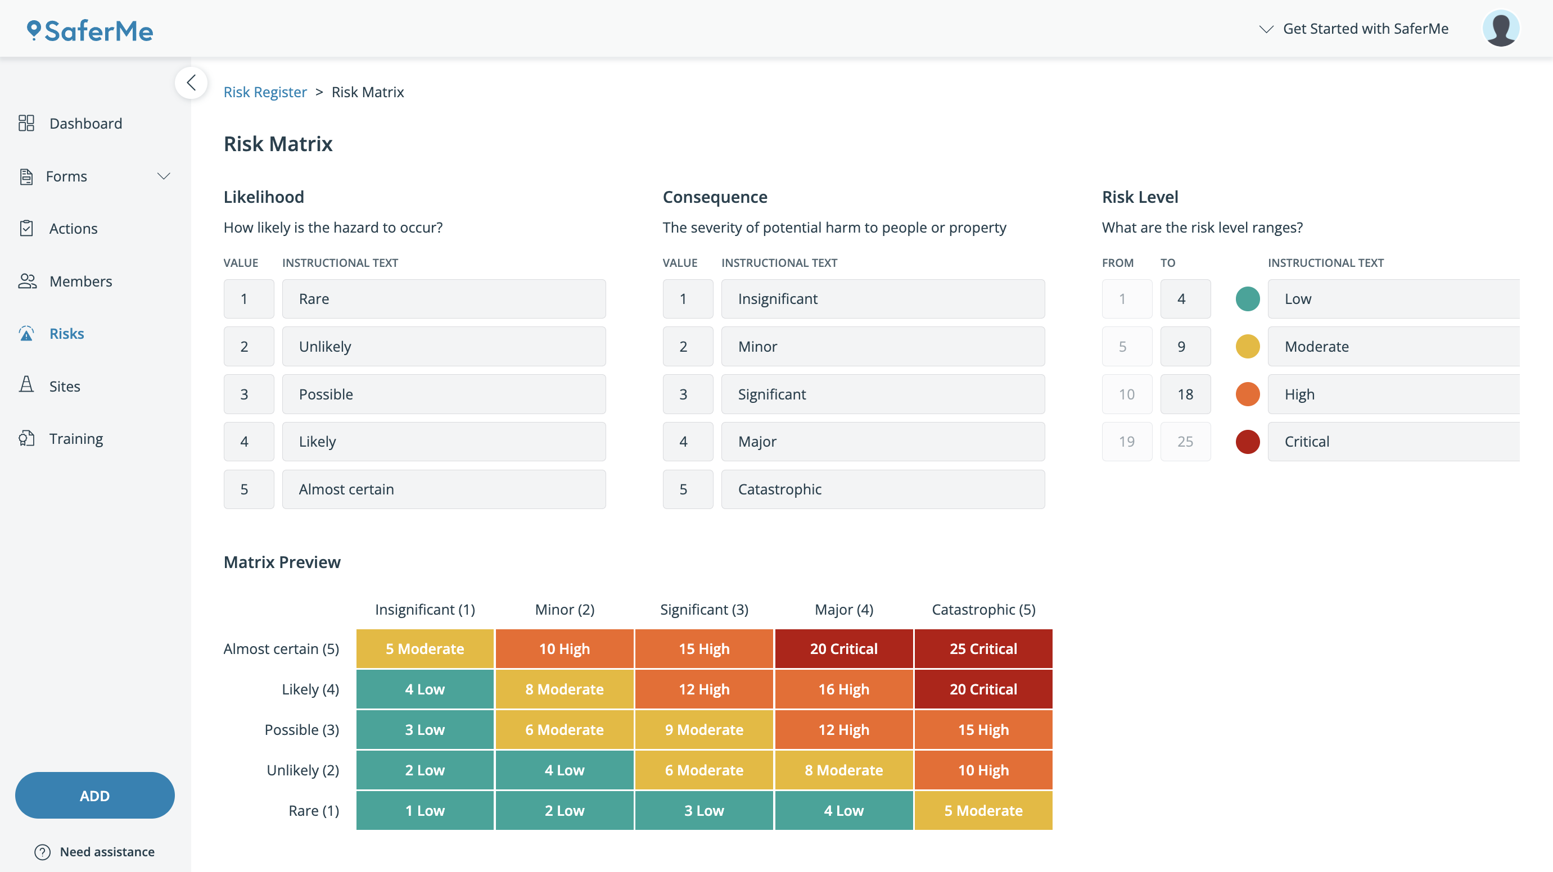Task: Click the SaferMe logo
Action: (x=91, y=31)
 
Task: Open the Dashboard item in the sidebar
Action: (x=85, y=124)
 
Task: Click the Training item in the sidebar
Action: (x=76, y=439)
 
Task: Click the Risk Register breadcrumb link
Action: (x=265, y=92)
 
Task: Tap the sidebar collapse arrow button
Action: (x=191, y=83)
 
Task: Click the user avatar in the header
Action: (x=1500, y=28)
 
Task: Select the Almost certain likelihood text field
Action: (x=443, y=489)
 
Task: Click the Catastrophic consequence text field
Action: (x=882, y=489)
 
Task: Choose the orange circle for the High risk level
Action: (x=1247, y=394)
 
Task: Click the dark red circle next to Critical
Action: (x=1247, y=442)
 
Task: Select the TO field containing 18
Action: (x=1185, y=394)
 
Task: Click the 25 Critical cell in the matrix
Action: (x=983, y=649)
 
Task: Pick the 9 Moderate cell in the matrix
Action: (x=703, y=730)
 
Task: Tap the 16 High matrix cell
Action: (x=843, y=689)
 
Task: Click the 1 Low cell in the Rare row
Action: (x=425, y=811)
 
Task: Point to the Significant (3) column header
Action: (x=703, y=610)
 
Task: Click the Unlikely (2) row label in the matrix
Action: (x=303, y=770)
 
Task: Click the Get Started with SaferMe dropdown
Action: (x=1353, y=29)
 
